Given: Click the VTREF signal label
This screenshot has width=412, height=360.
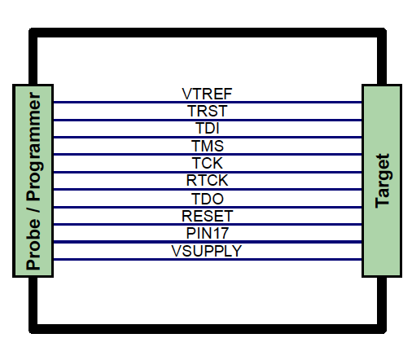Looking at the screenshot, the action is point(207,94).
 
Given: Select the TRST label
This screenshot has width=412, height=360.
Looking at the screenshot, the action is point(207,111).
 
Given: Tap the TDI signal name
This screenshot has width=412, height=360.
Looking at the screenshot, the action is point(208,128).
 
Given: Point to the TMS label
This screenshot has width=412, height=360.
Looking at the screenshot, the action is point(208,146).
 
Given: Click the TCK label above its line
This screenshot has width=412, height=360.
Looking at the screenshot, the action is point(208,163).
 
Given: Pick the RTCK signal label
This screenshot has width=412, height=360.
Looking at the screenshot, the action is point(207,180).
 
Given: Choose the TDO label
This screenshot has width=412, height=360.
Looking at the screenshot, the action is point(208,199).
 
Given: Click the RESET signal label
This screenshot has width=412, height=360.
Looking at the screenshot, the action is point(207,216).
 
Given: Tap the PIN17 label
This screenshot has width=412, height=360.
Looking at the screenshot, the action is point(207,233).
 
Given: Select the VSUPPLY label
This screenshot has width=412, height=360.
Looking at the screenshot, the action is point(207,251).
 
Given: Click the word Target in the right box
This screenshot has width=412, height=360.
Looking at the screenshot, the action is point(382,181).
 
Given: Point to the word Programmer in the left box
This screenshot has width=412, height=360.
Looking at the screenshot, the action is point(34,147).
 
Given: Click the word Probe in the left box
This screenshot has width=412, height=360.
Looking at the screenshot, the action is point(33,244).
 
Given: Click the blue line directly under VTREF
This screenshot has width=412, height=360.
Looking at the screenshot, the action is point(208,103).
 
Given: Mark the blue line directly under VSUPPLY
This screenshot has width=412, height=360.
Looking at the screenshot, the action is point(208,260).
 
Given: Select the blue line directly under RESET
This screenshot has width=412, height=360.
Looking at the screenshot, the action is point(208,225).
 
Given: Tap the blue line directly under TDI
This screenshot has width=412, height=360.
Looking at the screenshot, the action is point(208,138).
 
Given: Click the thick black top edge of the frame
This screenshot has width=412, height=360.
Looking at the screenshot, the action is point(208,33).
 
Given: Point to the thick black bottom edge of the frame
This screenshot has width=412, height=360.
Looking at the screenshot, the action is point(208,329).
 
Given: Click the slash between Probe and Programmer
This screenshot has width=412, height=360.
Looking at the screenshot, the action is point(33,210).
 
